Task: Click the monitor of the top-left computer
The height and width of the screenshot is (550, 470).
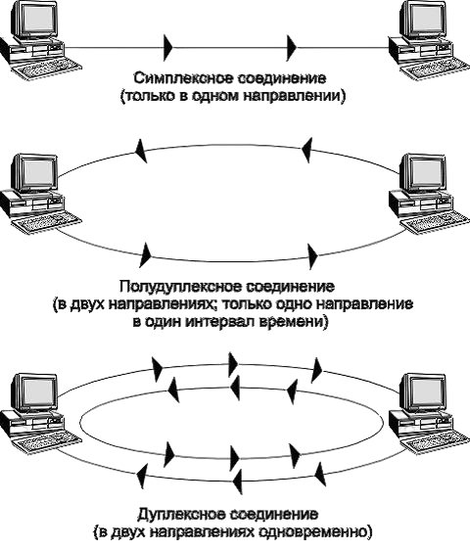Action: tap(34, 19)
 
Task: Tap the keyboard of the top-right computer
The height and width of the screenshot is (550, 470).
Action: tap(435, 70)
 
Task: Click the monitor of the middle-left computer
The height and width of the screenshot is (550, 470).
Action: tap(34, 173)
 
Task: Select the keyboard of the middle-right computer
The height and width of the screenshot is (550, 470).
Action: tap(435, 224)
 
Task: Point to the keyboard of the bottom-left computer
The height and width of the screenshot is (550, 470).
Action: tap(46, 441)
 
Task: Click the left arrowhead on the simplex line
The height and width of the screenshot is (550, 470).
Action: tap(168, 47)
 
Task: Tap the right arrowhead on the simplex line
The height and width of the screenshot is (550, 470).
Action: tap(292, 47)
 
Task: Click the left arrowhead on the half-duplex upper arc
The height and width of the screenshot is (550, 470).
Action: tap(141, 151)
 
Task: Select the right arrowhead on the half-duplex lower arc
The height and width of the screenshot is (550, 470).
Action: tap(312, 256)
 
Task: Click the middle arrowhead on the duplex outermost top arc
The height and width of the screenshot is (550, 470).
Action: tap(233, 365)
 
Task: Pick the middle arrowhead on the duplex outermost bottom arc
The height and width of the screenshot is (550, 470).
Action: tap(238, 481)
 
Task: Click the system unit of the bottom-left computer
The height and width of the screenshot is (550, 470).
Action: tap(32, 422)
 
